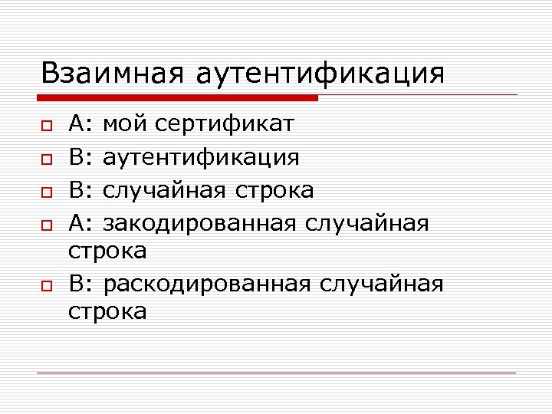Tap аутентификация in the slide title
(x=320, y=74)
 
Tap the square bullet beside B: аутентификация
(x=47, y=158)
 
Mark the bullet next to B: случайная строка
(x=47, y=191)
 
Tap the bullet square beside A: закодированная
(x=47, y=224)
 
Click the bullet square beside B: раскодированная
(x=47, y=285)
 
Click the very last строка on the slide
(x=108, y=312)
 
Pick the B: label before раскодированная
(x=80, y=284)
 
